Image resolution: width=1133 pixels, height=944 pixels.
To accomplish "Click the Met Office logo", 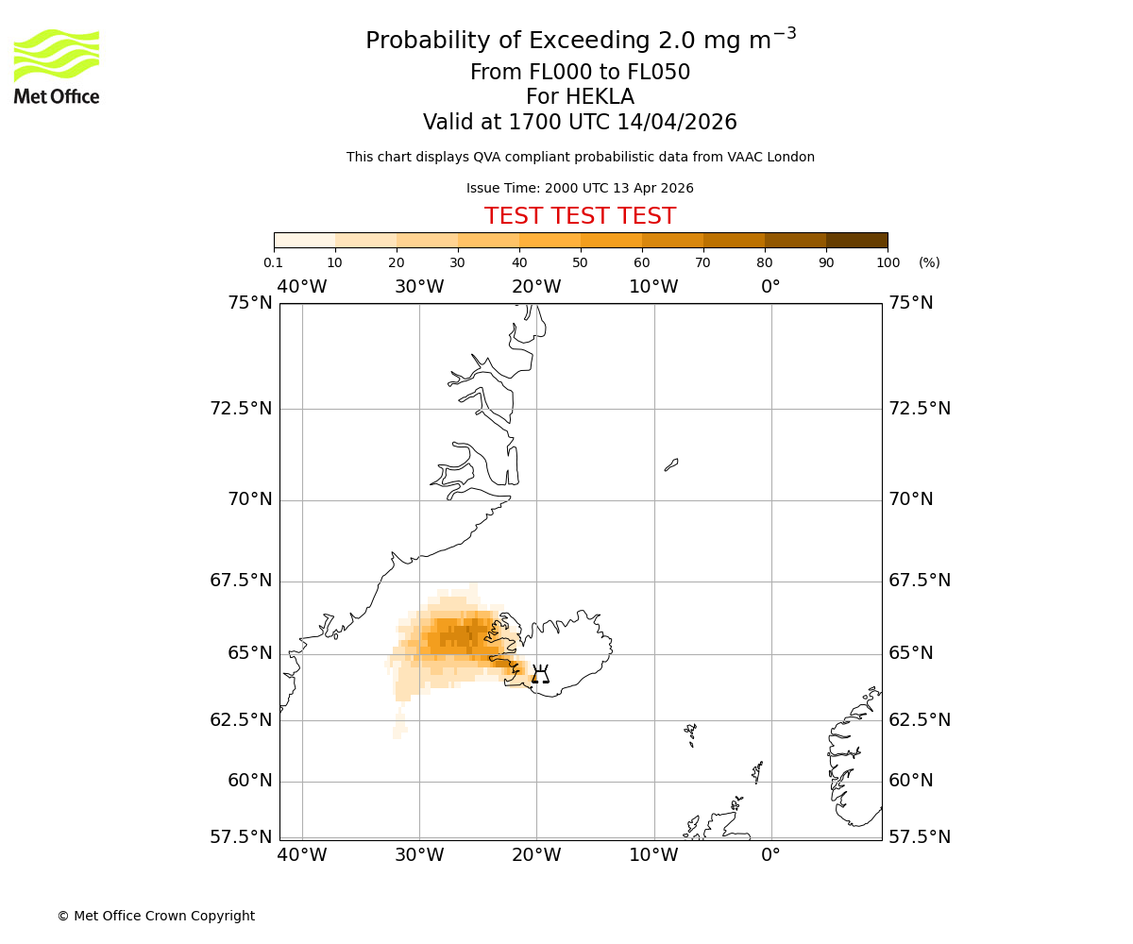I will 57,66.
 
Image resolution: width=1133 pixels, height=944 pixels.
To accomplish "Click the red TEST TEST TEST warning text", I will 580,216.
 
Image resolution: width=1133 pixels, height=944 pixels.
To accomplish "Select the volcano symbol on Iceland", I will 540,674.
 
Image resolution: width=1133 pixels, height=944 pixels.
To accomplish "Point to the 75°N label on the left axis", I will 250,303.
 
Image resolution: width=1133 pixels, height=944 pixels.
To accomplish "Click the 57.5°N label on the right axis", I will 920,836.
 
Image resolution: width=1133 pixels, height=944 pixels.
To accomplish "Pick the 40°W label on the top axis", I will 302,287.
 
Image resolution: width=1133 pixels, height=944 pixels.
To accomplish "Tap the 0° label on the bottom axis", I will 771,855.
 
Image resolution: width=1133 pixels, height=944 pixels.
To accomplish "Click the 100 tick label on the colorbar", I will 888,262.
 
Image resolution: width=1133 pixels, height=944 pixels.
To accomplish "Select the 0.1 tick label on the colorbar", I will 274,262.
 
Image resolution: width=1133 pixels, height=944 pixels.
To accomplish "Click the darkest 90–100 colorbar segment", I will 856,240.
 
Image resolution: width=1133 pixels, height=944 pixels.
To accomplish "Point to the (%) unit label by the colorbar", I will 929,262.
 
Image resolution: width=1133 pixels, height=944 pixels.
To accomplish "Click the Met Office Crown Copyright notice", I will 156,916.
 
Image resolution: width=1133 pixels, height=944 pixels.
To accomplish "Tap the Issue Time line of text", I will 580,188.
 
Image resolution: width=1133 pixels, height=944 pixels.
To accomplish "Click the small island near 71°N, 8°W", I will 671,464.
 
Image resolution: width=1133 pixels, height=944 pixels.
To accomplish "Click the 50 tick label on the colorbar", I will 581,262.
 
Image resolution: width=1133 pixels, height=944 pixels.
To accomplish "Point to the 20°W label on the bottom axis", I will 536,855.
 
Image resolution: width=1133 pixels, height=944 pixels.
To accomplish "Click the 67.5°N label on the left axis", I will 241,581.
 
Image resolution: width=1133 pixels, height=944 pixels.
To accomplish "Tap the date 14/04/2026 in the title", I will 677,123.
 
